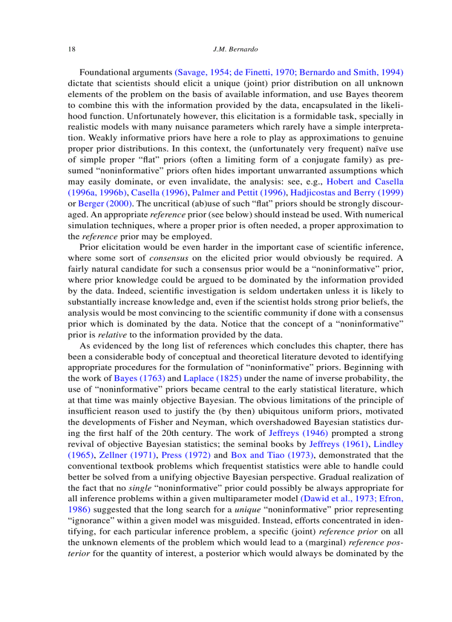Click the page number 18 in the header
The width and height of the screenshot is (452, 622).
(71, 49)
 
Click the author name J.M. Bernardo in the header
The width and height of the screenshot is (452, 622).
(235, 49)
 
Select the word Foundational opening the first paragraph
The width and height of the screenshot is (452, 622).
(106, 73)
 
